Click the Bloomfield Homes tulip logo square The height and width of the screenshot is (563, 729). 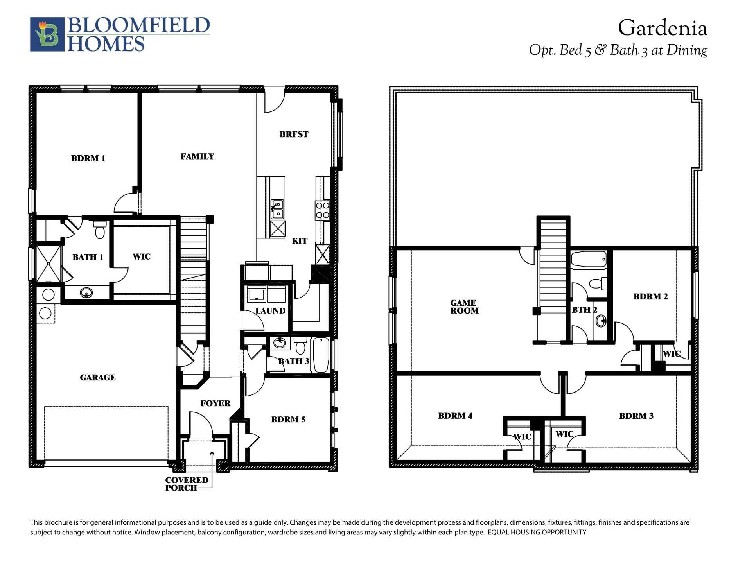(x=47, y=34)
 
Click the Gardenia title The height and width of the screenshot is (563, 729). (x=663, y=29)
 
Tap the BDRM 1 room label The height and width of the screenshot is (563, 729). (x=88, y=158)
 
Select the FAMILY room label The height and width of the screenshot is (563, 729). (x=197, y=156)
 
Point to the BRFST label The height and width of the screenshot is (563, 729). (x=294, y=134)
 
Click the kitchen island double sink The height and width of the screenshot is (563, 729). (x=277, y=209)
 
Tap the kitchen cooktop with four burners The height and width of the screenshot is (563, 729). (x=323, y=210)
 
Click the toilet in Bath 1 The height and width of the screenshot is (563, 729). (x=100, y=230)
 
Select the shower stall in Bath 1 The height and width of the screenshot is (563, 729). (x=48, y=264)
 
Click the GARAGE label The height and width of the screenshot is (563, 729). (x=98, y=378)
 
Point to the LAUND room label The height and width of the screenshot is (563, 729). (x=270, y=311)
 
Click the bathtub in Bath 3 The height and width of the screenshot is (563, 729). (x=321, y=355)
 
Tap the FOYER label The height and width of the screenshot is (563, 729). (x=215, y=403)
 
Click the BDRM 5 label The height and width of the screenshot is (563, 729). (x=288, y=420)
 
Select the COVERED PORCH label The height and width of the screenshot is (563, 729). (x=187, y=484)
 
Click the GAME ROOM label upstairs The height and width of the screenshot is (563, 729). (x=464, y=307)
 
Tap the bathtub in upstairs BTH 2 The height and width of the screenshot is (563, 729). (x=589, y=260)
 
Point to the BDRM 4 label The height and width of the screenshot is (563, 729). (x=455, y=416)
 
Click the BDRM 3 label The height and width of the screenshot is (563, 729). (x=636, y=416)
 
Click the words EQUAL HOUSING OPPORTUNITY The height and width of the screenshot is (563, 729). (x=537, y=532)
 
